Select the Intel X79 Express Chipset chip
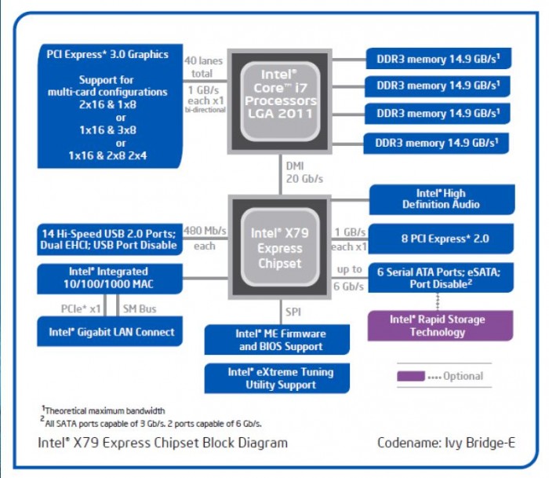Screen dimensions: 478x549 (280, 248)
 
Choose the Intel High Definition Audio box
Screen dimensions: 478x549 (442, 199)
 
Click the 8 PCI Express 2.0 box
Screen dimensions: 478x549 (442, 238)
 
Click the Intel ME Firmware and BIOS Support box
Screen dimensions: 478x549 (280, 340)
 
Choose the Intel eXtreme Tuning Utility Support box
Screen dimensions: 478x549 (280, 378)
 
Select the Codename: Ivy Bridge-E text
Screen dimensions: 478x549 (446, 443)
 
